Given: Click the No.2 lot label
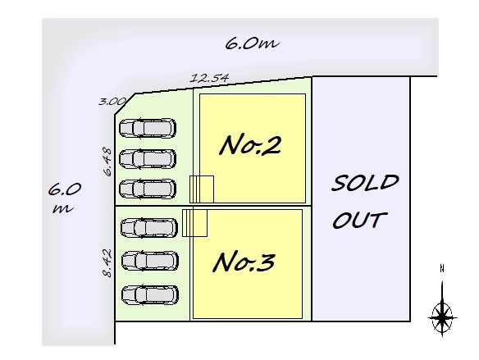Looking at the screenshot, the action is (x=250, y=145).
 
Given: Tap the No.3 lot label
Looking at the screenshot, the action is (x=244, y=262).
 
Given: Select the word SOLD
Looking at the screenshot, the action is (x=365, y=183).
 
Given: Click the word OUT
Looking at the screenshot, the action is (x=360, y=220).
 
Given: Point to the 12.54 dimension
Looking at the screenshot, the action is (x=209, y=78).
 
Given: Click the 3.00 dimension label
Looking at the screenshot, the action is (x=112, y=101).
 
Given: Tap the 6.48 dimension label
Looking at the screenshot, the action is (x=107, y=162).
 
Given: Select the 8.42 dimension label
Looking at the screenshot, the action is (x=107, y=263).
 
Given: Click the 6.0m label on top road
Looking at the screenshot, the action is (x=252, y=43).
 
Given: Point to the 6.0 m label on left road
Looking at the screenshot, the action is (x=64, y=198).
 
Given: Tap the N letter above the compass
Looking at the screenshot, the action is (x=442, y=269).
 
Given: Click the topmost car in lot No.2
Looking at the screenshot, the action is (x=148, y=128).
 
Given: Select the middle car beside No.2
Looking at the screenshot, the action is (x=148, y=159).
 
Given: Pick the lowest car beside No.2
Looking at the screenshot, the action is (x=148, y=189).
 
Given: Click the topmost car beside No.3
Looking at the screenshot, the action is (x=149, y=228).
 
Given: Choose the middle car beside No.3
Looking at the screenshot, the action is (x=150, y=261).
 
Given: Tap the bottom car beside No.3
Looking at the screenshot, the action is (x=150, y=295).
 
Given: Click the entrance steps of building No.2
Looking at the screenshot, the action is (x=202, y=189).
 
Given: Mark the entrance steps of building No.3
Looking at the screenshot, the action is (x=195, y=223).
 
